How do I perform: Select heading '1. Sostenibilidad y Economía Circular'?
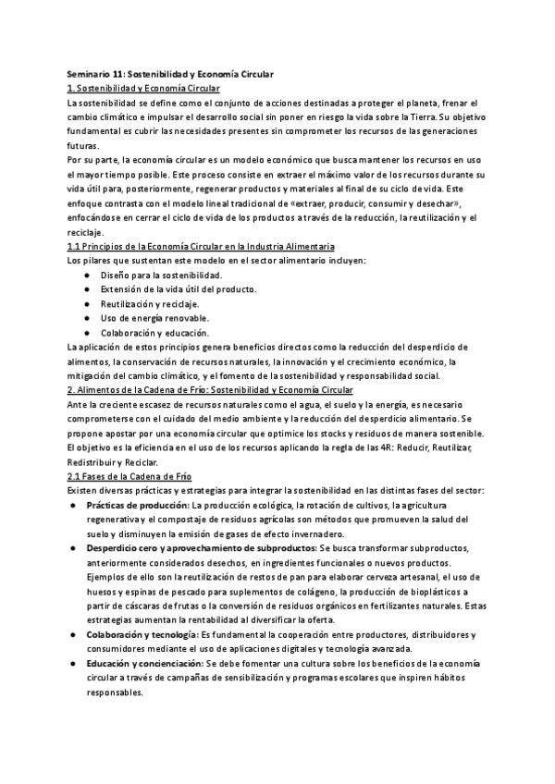144,88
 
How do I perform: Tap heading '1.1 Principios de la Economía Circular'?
202,246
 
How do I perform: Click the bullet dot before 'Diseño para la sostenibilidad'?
86,276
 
